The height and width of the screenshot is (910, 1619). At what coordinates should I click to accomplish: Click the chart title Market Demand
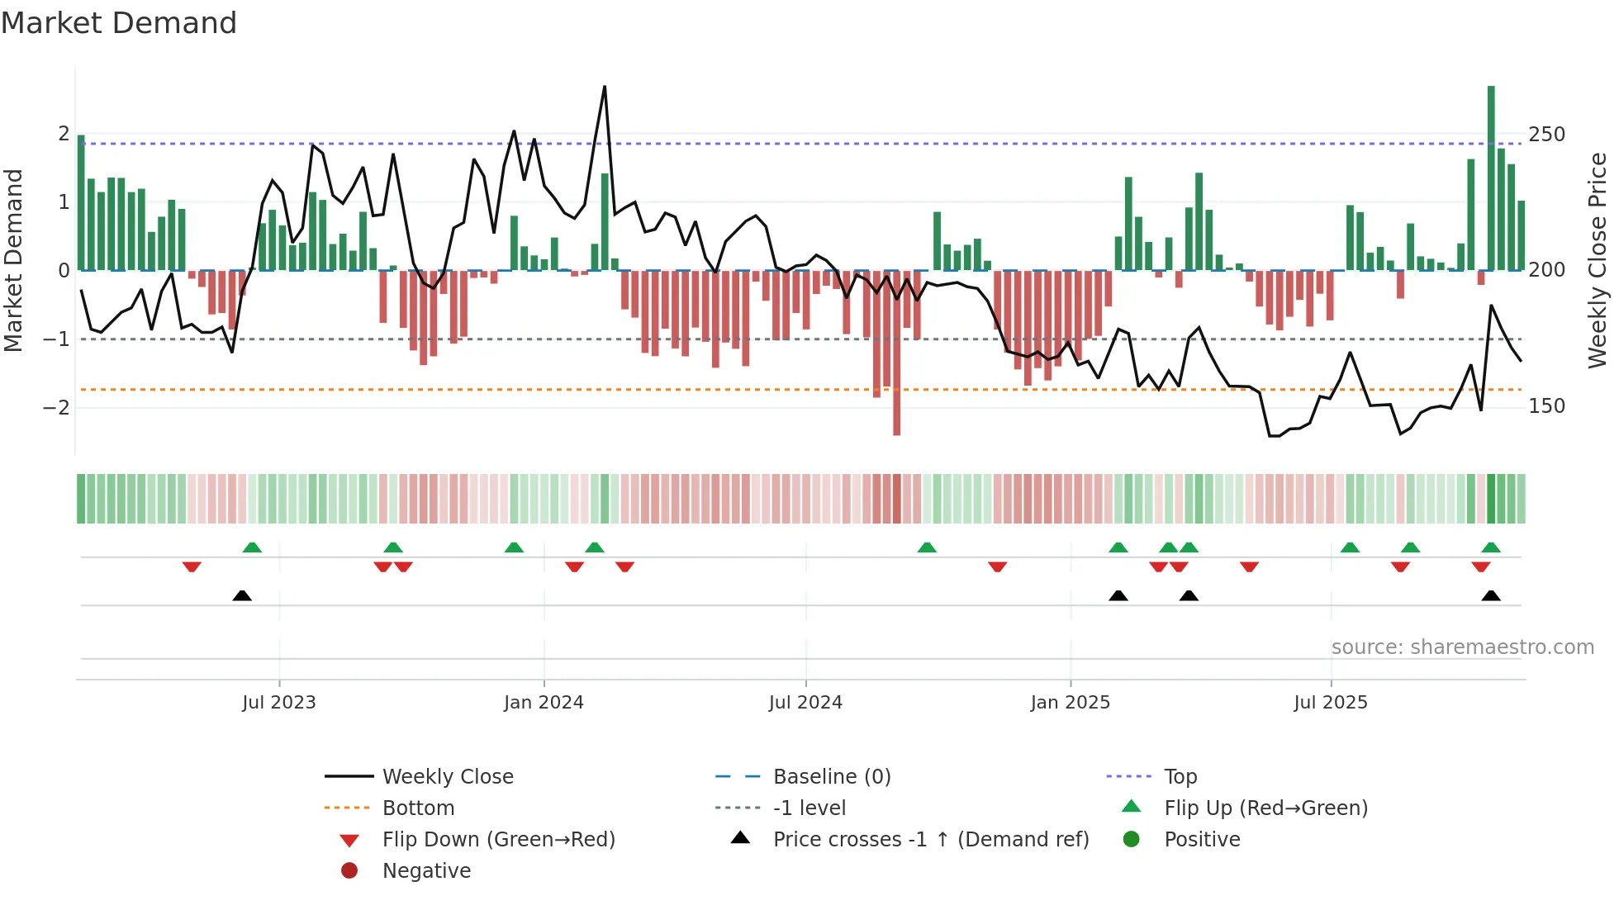119,23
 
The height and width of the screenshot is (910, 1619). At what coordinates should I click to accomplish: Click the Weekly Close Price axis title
1598,260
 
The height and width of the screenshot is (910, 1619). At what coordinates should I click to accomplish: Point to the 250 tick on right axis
1546,135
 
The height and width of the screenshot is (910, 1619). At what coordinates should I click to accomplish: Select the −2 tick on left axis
56,407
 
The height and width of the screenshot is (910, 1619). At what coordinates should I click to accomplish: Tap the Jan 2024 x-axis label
544,703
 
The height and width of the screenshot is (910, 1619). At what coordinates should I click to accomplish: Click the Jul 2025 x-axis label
1331,703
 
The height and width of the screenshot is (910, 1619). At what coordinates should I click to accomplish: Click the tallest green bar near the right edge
1491,178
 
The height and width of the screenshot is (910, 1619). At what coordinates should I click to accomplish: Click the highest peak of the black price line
605,88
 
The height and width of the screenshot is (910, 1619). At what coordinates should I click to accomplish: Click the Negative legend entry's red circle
349,871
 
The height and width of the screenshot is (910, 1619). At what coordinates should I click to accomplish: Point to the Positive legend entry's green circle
1132,840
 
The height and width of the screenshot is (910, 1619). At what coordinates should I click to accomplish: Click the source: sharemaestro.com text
1462,647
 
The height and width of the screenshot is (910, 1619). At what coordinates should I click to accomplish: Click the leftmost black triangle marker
242,595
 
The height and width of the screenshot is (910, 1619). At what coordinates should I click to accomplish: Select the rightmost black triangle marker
1491,595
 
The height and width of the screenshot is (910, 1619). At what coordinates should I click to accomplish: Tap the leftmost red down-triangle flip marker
192,566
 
